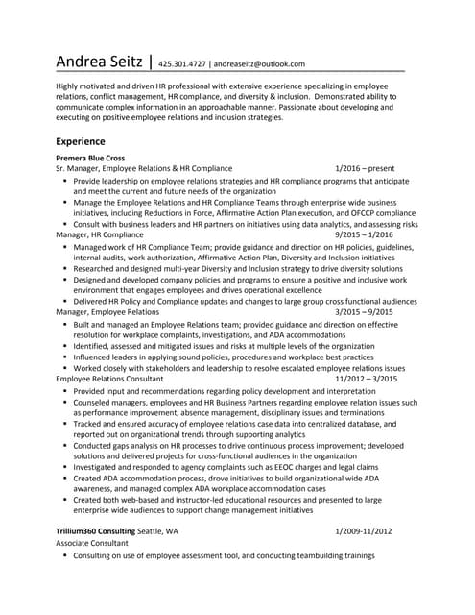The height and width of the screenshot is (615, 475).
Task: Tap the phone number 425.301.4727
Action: coord(182,64)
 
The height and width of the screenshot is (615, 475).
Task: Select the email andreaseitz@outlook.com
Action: coord(259,64)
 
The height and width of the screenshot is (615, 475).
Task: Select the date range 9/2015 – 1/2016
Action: coord(365,234)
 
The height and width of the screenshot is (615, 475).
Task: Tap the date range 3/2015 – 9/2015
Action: coord(365,312)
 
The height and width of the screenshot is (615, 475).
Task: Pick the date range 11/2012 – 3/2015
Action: coord(366,380)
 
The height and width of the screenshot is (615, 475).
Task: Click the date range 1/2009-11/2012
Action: coord(364,531)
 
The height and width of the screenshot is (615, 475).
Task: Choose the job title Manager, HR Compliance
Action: coord(100,234)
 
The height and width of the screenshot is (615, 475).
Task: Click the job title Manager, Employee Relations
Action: coord(107,312)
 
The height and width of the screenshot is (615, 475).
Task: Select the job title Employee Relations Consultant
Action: coord(109,380)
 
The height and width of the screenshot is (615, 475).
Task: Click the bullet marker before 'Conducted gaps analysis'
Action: coord(64,445)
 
